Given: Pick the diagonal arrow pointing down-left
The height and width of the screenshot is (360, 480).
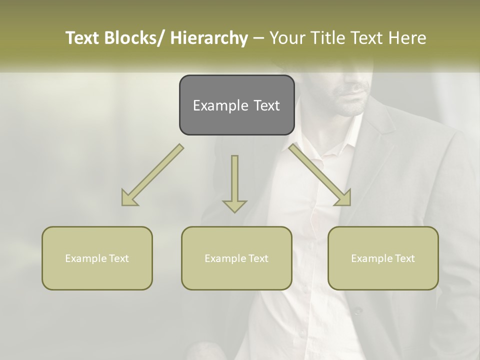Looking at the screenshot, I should click(x=152, y=175).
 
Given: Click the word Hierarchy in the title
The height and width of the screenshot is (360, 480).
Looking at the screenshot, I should click(x=209, y=38).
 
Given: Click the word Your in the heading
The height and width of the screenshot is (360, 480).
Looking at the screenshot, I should click(x=287, y=38).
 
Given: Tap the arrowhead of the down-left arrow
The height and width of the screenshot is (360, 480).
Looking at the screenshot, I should click(x=129, y=198).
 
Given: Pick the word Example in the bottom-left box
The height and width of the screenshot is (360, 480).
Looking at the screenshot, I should click(x=83, y=258).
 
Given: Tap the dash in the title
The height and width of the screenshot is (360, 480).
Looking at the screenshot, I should click(x=258, y=38).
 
